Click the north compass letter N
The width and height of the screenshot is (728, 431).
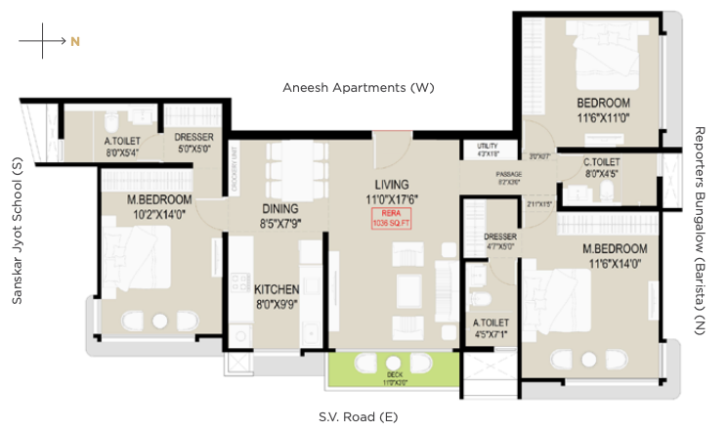click(74, 42)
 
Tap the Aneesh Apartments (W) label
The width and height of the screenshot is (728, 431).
click(358, 88)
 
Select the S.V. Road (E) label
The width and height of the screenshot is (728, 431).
click(358, 417)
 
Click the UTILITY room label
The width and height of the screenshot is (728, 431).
click(487, 149)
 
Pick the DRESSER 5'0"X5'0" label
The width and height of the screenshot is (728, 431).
click(194, 144)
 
